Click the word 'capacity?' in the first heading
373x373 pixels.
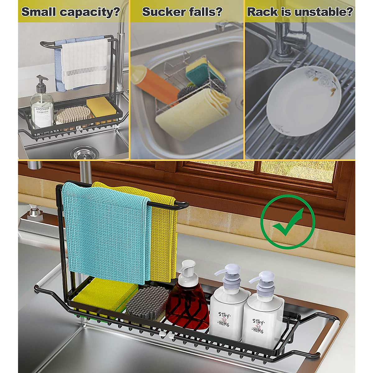coord(90,12)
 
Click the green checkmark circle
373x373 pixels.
coord(288,222)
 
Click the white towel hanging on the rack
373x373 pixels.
coord(85,64)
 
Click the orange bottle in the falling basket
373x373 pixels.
coord(154,81)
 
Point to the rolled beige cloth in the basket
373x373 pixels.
coord(193,112)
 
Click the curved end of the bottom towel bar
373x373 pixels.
coord(183,205)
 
